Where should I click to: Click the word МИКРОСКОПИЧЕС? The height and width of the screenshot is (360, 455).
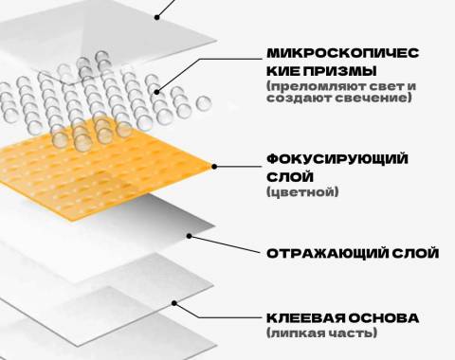point(343,53)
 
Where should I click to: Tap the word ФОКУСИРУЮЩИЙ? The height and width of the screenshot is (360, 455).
point(337,159)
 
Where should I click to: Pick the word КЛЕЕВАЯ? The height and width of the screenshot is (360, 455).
point(306,317)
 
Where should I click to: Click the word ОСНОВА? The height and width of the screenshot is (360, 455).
point(384,317)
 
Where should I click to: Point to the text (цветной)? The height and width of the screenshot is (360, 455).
point(302,191)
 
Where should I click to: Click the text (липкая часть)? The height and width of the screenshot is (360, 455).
point(321,333)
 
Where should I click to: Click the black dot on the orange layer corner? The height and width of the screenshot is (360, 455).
point(214,167)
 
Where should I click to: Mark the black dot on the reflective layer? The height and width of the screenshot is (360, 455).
point(190,236)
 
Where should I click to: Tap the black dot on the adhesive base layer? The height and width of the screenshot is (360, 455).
point(174,303)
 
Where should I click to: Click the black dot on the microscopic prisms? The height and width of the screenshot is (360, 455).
point(157,92)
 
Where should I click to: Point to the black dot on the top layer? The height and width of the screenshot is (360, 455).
point(157,17)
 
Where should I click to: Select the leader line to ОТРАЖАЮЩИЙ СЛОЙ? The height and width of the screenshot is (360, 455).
point(226,244)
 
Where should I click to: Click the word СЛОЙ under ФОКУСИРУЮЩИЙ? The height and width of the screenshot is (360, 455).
point(290,177)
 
